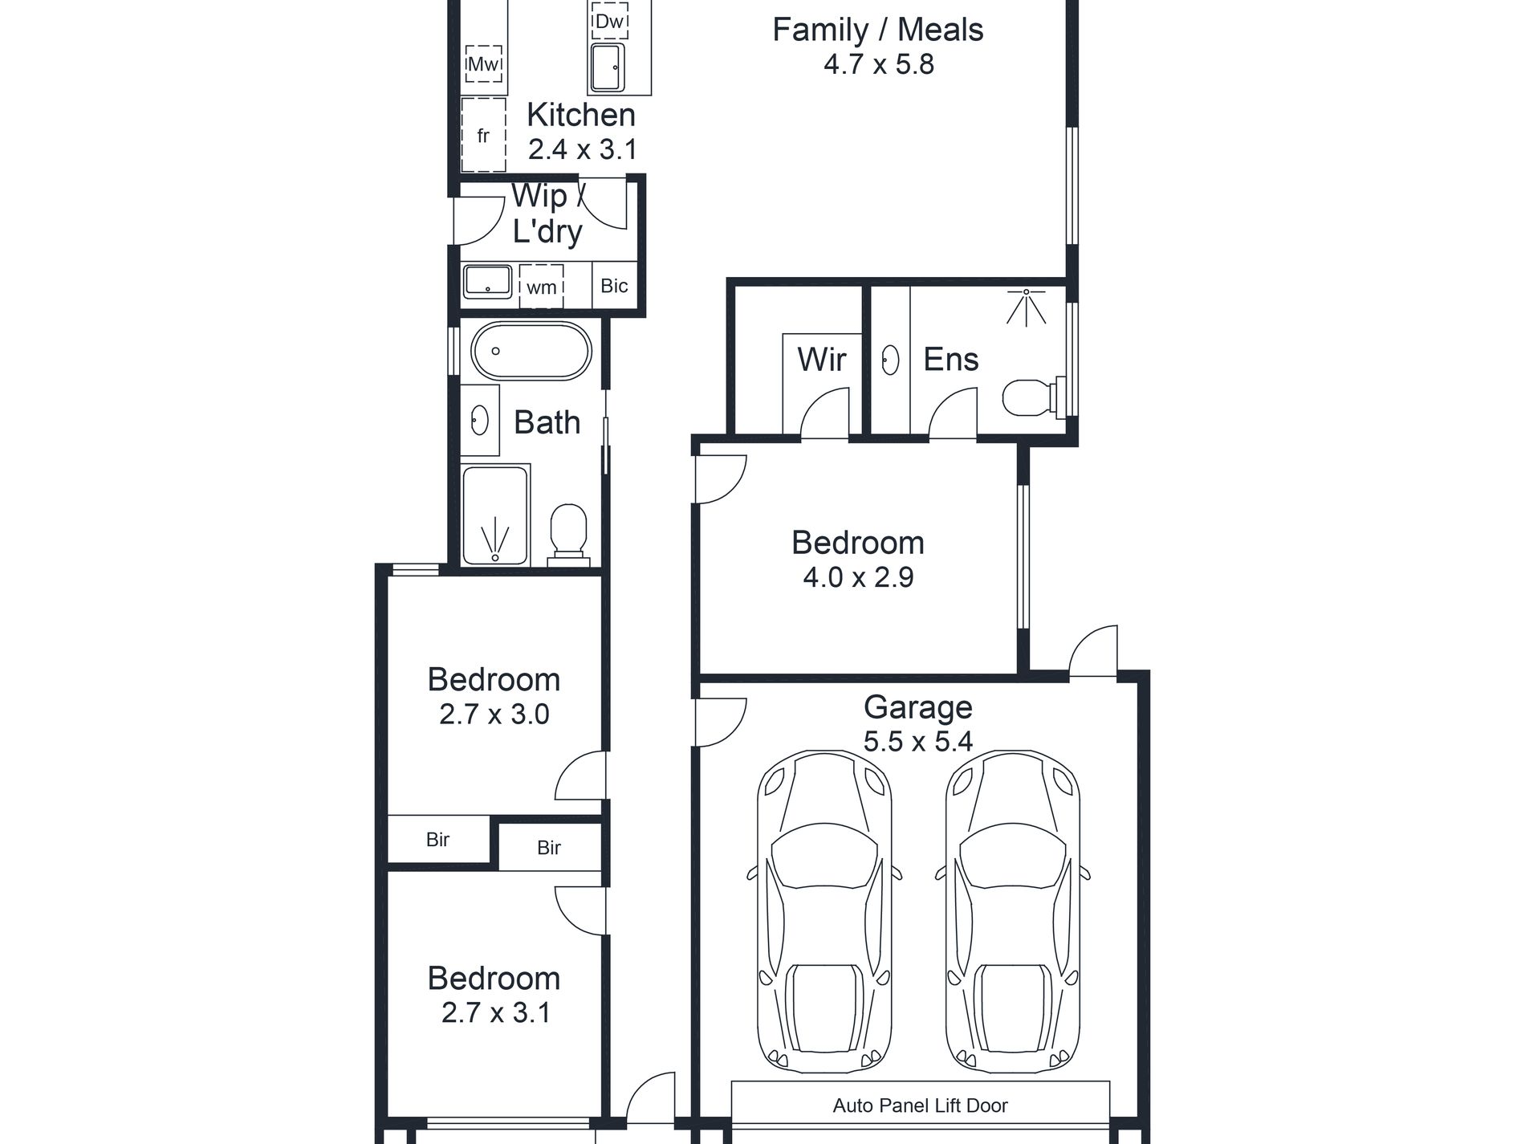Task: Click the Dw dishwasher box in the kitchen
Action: (609, 21)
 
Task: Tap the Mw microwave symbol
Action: (484, 63)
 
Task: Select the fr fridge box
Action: (483, 135)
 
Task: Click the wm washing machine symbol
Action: (542, 287)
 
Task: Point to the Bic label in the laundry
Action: (614, 285)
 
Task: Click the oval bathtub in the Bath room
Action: (531, 351)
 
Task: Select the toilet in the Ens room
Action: (1032, 397)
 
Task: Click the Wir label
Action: (822, 359)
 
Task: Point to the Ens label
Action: (951, 359)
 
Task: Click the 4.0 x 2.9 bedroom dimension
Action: (858, 577)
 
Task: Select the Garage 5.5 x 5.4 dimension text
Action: (918, 741)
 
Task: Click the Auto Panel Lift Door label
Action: (920, 1105)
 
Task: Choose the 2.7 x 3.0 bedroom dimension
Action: (494, 714)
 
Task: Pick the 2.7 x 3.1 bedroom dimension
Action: (496, 1012)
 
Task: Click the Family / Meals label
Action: (878, 30)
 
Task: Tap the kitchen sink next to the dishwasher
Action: (608, 67)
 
